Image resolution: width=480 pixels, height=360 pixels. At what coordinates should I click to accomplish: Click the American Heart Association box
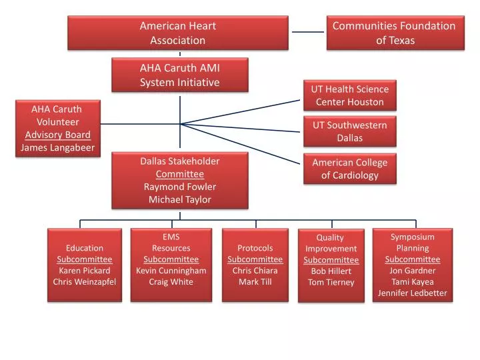177,33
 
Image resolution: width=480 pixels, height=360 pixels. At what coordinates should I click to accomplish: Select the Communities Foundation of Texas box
395,33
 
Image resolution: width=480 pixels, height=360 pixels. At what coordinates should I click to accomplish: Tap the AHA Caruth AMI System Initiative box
179,75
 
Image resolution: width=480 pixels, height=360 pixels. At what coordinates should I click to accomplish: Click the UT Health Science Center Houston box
349,95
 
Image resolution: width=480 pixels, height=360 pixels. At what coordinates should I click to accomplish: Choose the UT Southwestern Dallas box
349,131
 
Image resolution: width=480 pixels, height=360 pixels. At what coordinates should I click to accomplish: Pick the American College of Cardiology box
349,169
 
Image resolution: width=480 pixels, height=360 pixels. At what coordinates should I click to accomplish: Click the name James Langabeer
58,147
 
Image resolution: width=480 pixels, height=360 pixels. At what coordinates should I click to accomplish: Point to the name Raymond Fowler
179,187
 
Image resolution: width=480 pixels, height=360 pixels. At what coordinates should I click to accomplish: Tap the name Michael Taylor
179,199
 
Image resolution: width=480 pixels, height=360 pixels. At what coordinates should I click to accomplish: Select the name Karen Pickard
85,270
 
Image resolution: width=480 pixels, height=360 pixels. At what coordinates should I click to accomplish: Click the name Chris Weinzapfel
85,281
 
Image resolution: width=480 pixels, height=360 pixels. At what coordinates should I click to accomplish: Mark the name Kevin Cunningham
171,270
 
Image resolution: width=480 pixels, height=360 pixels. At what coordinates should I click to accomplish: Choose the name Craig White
171,281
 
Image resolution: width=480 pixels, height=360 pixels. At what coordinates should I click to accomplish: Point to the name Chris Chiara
255,270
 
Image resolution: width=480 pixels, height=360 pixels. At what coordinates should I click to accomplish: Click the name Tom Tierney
331,282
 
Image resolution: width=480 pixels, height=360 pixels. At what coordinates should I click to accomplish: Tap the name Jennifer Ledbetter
412,293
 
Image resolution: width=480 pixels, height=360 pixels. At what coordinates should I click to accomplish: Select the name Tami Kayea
412,281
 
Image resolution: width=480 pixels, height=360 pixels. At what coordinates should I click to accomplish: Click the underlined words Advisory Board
58,135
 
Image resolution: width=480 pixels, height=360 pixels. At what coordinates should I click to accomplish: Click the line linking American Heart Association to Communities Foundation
307,31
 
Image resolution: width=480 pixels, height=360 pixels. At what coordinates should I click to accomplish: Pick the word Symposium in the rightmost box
412,237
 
